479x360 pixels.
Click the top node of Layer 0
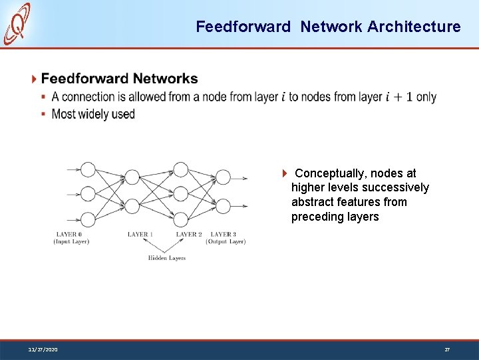click(87, 170)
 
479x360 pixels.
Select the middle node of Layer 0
click(87, 195)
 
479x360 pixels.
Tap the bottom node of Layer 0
click(87, 219)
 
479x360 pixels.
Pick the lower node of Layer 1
click(133, 207)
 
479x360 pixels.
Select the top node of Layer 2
click(180, 170)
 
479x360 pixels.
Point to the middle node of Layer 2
click(180, 195)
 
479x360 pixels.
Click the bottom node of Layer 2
click(180, 219)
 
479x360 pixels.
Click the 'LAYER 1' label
click(140, 235)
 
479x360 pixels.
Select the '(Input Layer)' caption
click(71, 242)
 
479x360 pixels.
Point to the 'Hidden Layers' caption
click(166, 258)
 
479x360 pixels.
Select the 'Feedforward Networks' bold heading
click(119, 79)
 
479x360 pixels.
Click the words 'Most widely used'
click(93, 114)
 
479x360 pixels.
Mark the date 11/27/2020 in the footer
click(43, 349)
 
